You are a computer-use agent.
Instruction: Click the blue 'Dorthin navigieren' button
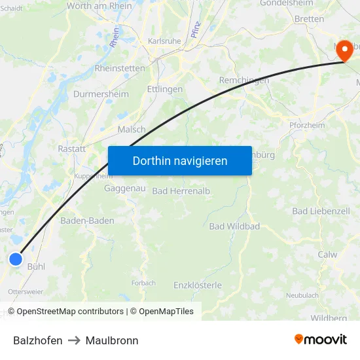[x=180, y=160]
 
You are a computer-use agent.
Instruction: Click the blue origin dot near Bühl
[x=16, y=260]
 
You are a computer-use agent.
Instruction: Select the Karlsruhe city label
[x=164, y=41]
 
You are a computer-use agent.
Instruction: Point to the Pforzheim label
[x=306, y=126]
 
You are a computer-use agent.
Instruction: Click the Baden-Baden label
[x=87, y=221]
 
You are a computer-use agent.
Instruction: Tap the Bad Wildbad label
[x=234, y=226]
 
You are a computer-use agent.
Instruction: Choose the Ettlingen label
[x=165, y=89]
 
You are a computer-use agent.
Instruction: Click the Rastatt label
[x=72, y=149]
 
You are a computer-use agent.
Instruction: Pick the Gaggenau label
[x=124, y=189]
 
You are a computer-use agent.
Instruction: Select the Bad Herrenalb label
[x=181, y=191]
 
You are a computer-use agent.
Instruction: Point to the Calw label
[x=327, y=255]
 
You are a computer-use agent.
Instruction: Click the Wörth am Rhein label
[x=99, y=6]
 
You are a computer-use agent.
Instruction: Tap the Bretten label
[x=308, y=19]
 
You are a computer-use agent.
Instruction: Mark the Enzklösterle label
[x=198, y=285]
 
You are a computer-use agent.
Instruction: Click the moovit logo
[x=320, y=340]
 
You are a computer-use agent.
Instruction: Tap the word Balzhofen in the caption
[x=38, y=340]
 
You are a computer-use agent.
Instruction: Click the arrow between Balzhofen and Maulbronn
[x=74, y=340]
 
